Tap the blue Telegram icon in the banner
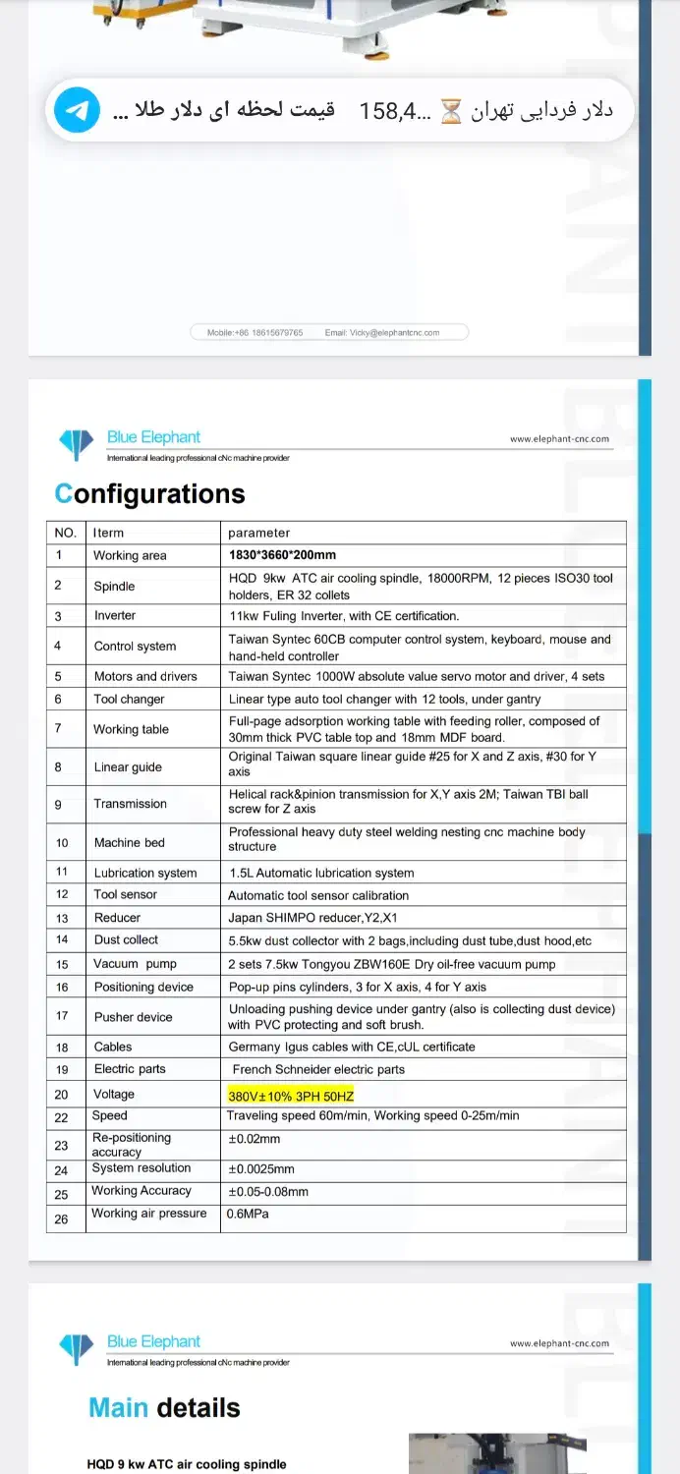coord(77,110)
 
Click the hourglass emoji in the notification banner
coord(450,111)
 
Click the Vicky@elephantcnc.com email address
coord(394,333)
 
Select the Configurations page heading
coord(149,493)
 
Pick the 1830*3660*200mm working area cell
coord(282,555)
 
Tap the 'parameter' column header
coord(258,533)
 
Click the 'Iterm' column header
coord(108,533)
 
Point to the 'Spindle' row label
coord(114,586)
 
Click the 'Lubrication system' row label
coord(145,873)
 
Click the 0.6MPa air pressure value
coord(248,1214)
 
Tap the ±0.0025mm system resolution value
coord(261,1169)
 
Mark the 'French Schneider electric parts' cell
coord(318,1069)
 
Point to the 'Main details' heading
coord(164,1407)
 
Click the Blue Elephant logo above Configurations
coord(77,443)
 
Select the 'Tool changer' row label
coord(129,699)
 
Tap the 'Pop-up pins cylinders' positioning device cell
coord(357,987)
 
